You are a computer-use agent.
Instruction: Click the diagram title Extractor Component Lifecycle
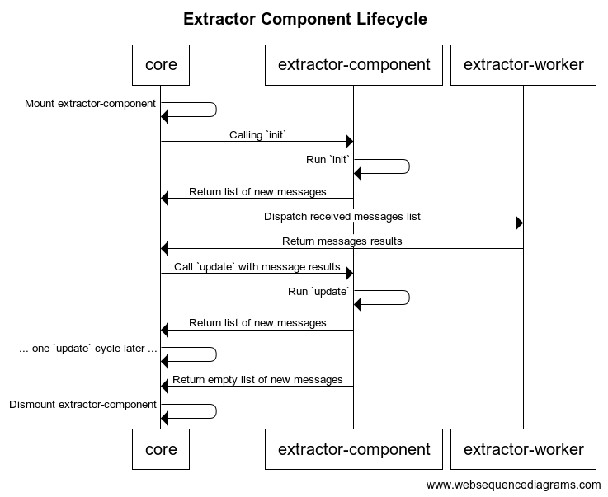(304, 19)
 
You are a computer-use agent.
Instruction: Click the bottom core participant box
(161, 449)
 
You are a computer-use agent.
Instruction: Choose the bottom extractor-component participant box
(354, 449)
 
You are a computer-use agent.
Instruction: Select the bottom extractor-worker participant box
(523, 449)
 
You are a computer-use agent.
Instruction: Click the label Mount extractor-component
(90, 104)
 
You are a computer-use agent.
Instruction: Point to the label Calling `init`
(257, 134)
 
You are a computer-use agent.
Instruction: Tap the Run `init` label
(328, 160)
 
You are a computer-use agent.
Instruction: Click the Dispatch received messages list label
(342, 217)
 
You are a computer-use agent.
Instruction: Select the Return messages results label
(342, 241)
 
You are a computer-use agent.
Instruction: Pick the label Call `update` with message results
(257, 267)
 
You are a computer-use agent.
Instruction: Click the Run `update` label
(319, 292)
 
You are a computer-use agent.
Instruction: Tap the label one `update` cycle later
(88, 349)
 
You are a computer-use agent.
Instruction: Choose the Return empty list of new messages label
(257, 380)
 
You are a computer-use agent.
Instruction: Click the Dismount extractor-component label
(82, 405)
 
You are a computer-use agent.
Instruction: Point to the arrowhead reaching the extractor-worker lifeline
(518, 223)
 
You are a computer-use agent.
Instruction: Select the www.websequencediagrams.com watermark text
(513, 485)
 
